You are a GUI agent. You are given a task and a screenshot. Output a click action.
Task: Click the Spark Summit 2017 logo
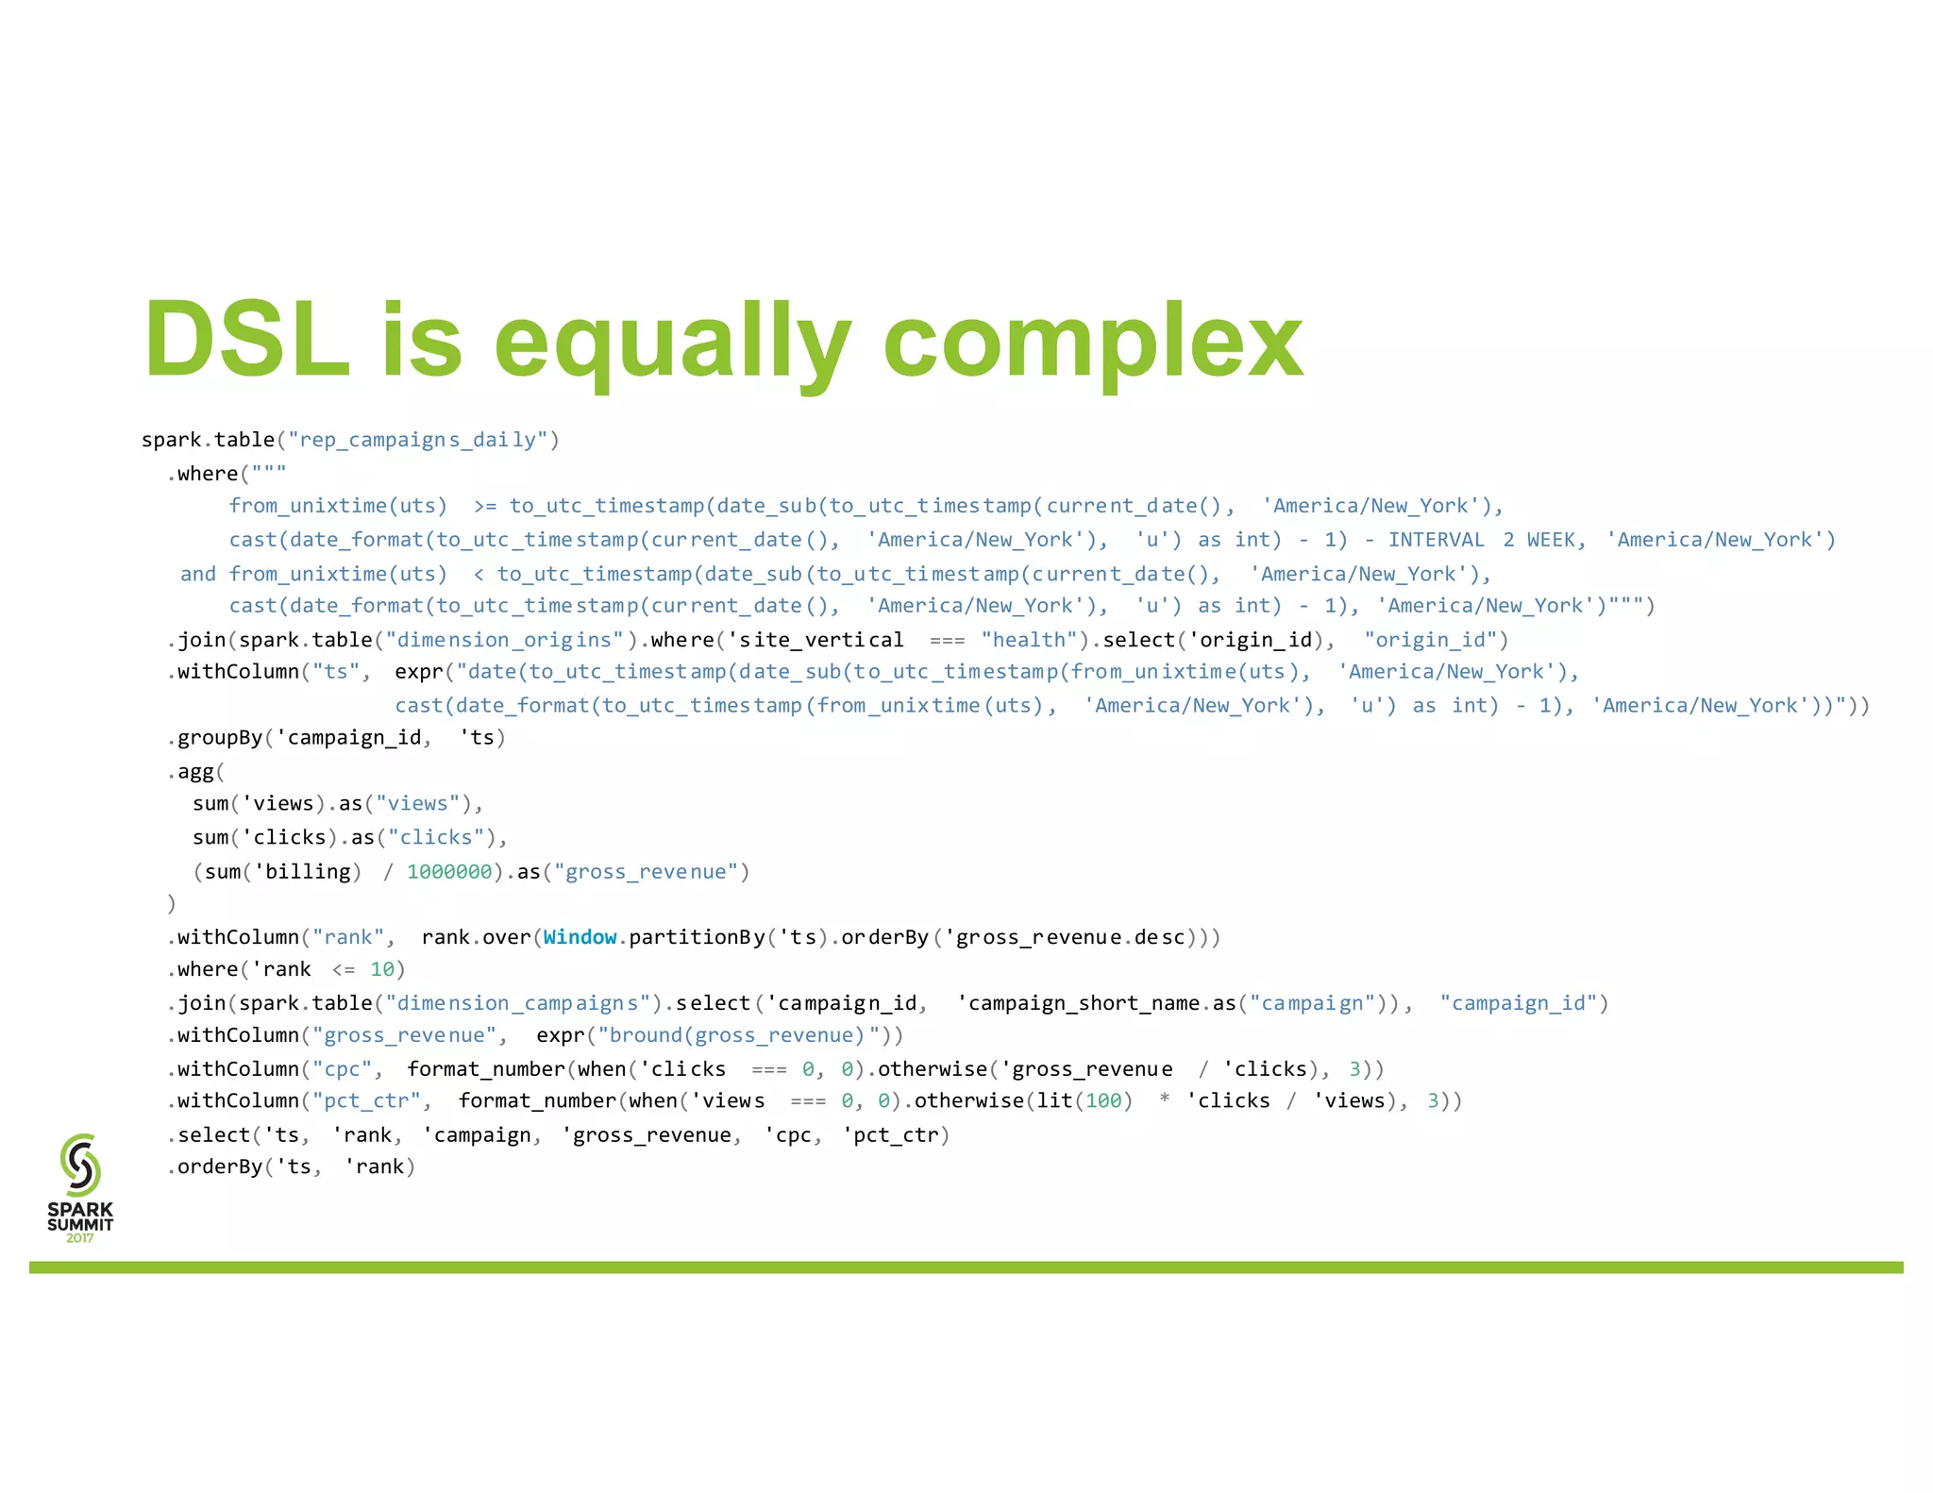(80, 1187)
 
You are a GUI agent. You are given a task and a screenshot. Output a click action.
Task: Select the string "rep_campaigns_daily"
(418, 441)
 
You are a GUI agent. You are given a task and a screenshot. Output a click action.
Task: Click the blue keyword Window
(580, 937)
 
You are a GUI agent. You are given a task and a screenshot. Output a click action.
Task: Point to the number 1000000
(449, 872)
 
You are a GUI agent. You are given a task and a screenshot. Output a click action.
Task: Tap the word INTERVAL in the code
(1436, 540)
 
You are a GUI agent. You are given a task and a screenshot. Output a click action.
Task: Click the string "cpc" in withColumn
(342, 1069)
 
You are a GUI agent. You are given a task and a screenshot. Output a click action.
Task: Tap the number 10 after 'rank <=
(382, 969)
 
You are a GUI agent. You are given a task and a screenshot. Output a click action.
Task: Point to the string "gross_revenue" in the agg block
(646, 872)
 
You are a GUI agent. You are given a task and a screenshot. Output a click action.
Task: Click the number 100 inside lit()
(1102, 1101)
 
